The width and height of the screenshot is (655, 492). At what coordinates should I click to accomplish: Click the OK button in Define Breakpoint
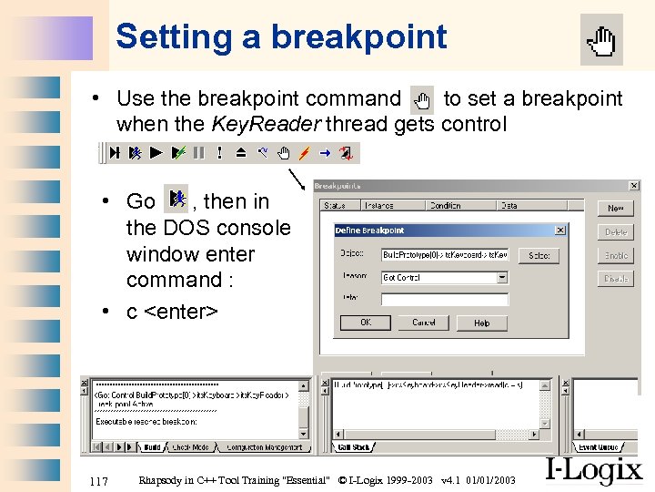pyautogui.click(x=365, y=323)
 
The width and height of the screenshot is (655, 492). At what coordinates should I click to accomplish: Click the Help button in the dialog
pyautogui.click(x=481, y=323)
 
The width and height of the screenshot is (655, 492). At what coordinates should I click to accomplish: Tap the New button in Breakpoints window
pyautogui.click(x=616, y=209)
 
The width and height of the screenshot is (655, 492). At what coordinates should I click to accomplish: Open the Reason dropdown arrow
pyautogui.click(x=502, y=278)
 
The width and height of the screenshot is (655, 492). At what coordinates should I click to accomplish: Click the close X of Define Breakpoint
pyautogui.click(x=559, y=231)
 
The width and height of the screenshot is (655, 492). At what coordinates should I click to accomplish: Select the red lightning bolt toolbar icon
pyautogui.click(x=305, y=153)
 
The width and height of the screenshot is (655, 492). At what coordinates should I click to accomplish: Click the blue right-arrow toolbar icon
pyautogui.click(x=325, y=153)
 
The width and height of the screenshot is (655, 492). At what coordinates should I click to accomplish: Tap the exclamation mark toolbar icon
pyautogui.click(x=219, y=153)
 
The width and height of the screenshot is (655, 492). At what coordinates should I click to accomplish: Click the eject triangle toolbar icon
pyautogui.click(x=241, y=153)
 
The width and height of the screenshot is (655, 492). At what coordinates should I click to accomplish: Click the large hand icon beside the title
pyautogui.click(x=601, y=40)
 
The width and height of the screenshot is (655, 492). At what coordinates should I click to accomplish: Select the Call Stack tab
pyautogui.click(x=354, y=447)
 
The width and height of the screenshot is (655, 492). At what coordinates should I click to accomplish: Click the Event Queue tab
pyautogui.click(x=598, y=447)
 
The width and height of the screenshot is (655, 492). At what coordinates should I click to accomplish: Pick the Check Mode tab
pyautogui.click(x=191, y=447)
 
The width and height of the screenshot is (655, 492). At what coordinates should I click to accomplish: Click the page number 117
pyautogui.click(x=97, y=480)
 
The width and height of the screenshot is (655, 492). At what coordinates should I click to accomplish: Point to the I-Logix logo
pyautogui.click(x=593, y=470)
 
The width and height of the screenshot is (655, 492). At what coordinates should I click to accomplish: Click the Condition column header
pyautogui.click(x=446, y=206)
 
